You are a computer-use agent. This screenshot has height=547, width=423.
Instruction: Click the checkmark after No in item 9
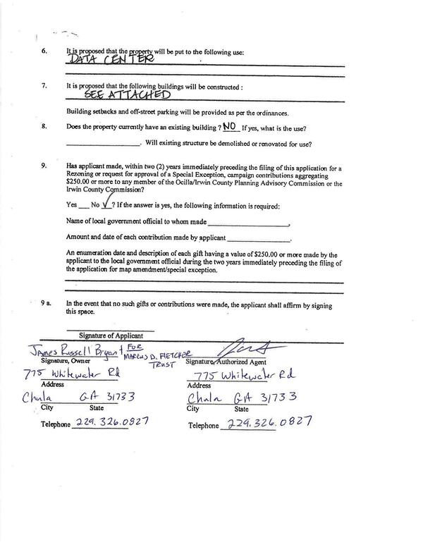point(106,204)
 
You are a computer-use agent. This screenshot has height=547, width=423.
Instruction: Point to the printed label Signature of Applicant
point(111,336)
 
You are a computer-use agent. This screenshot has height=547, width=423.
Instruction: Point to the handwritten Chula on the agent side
point(204,398)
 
